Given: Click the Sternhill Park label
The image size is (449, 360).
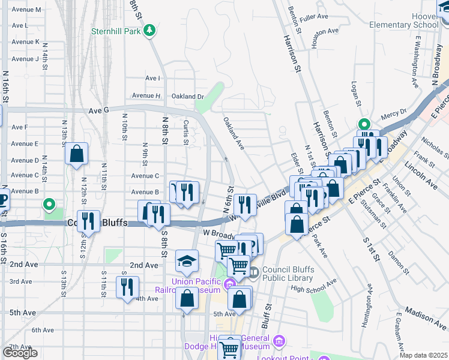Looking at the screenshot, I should (x=116, y=31).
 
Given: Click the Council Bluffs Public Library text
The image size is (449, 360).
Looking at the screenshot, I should (x=285, y=274).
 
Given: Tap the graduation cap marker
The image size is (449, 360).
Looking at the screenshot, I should (x=187, y=262).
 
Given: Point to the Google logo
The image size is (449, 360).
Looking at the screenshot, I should (x=20, y=353).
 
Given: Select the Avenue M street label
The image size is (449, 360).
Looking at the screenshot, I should (x=26, y=10).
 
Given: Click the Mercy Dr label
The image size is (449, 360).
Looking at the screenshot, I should (x=393, y=112).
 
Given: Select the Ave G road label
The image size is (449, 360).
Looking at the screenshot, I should (x=98, y=110).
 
